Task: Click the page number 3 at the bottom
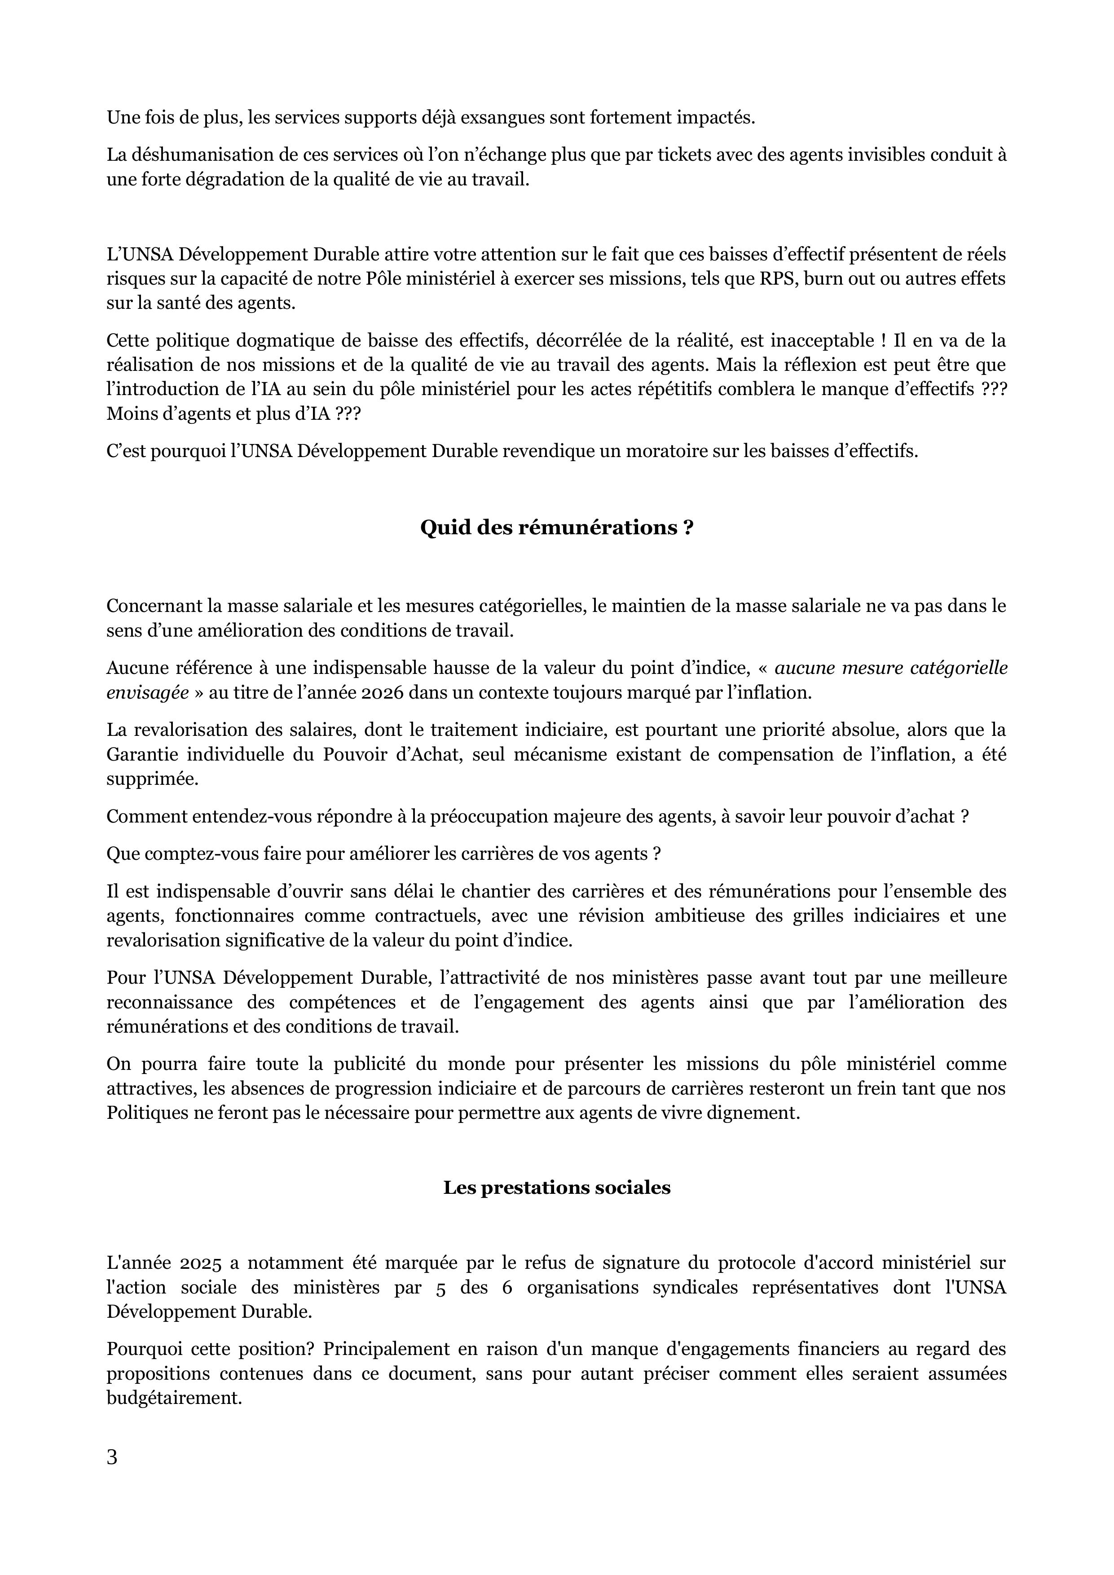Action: coord(112,1475)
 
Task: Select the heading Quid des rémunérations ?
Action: coord(556,528)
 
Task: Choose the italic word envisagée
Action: coord(147,692)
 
